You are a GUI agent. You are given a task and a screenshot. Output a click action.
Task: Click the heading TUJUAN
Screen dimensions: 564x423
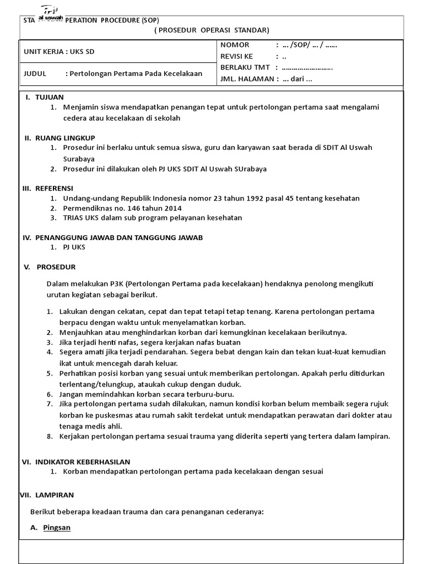tap(50, 97)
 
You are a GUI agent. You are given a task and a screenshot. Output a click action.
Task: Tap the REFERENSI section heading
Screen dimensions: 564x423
tap(57, 188)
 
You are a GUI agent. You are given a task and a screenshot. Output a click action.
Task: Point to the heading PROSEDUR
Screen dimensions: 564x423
tap(56, 267)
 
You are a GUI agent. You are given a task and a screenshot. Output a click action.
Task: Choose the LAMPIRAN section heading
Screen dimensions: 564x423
tap(54, 495)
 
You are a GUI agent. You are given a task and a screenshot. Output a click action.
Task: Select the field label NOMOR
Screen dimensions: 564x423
tap(235, 45)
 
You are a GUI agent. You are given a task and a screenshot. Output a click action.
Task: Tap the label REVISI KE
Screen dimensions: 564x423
tap(237, 56)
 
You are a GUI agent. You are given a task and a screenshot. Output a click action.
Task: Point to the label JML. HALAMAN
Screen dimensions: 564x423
tap(247, 79)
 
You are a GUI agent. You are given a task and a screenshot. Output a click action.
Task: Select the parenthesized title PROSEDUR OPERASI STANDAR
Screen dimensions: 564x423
tap(211, 30)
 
